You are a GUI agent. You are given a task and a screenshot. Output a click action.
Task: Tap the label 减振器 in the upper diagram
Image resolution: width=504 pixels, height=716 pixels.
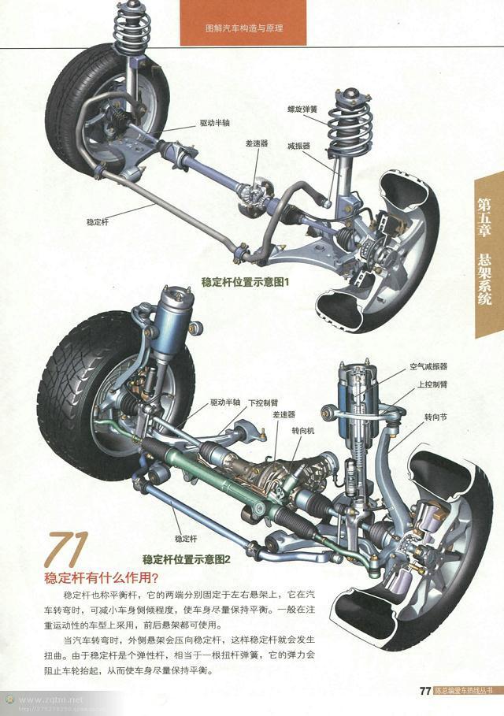[298, 146]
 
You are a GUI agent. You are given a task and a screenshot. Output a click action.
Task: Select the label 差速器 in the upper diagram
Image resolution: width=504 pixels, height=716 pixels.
[257, 143]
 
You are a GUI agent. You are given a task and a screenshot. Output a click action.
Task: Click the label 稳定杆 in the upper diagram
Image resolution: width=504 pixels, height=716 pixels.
[98, 223]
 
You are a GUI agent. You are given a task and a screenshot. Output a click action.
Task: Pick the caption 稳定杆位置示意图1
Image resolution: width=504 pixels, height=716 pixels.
[245, 281]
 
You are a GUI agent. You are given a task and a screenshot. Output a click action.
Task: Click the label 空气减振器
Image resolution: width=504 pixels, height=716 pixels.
[428, 367]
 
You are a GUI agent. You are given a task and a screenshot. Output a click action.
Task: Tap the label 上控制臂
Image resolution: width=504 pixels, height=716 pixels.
[432, 384]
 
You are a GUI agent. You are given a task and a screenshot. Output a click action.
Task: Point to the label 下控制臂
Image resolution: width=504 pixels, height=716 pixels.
[261, 402]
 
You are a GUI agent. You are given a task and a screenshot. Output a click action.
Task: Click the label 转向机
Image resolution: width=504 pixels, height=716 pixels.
[303, 432]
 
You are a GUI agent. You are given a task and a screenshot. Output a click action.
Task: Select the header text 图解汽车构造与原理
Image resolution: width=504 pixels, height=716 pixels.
[243, 28]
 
